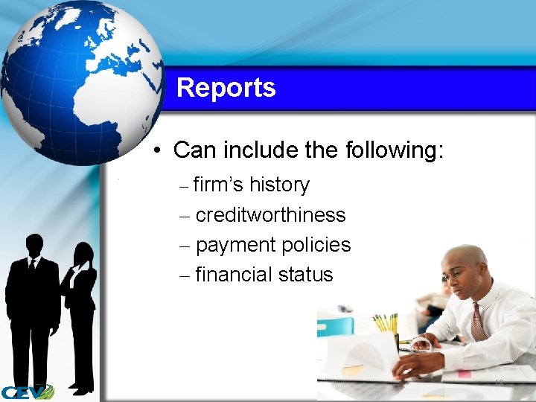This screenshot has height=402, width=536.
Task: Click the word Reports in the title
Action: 226,88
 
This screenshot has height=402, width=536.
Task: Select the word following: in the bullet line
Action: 395,150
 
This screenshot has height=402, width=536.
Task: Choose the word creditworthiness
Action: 270,215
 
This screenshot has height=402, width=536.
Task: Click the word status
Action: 305,275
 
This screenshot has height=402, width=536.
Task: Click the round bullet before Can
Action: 159,151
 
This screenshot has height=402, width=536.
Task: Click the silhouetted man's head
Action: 34,245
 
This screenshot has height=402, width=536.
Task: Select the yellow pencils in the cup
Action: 386,323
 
